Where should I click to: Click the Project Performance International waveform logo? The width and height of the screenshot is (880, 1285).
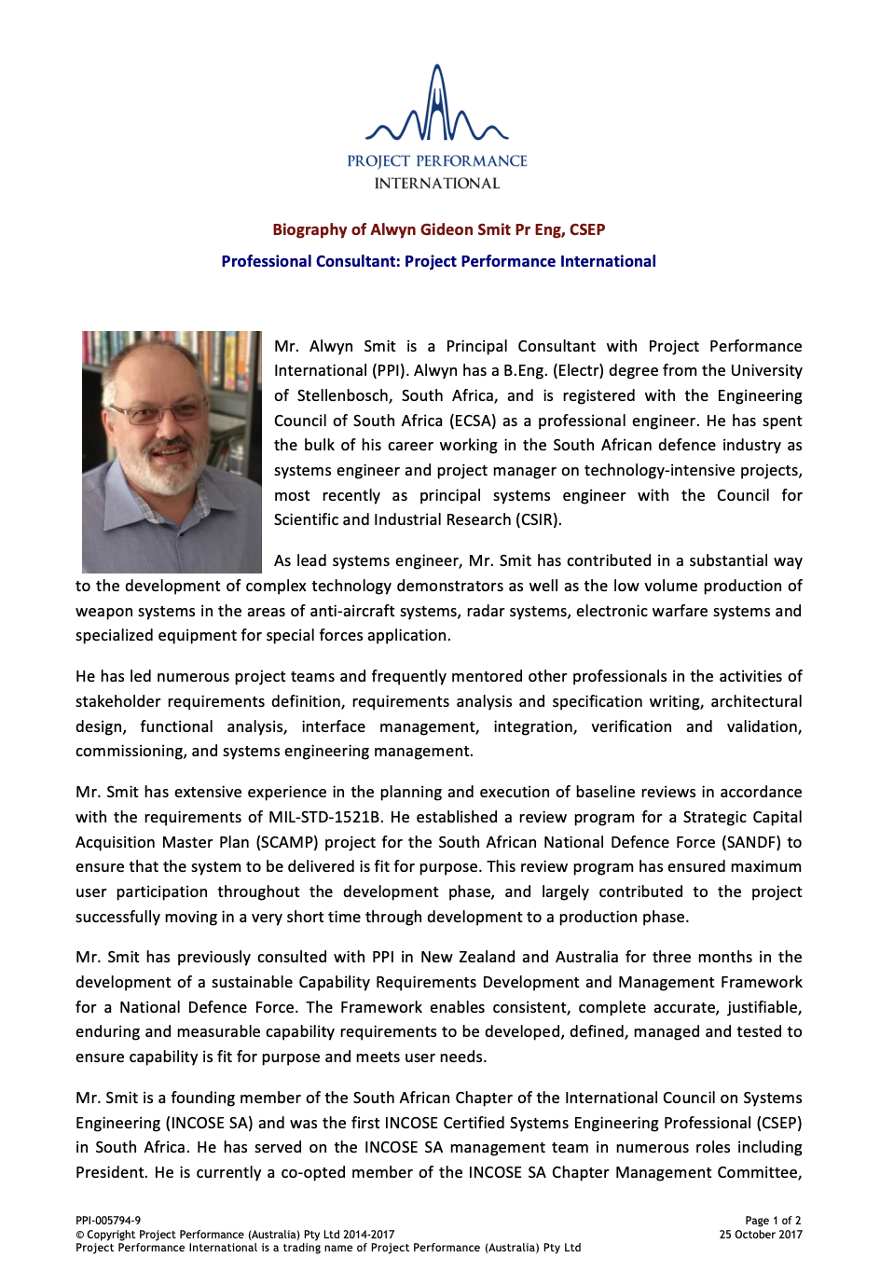437,107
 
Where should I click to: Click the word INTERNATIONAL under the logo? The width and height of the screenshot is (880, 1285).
437,184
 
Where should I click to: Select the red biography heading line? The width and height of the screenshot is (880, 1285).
438,229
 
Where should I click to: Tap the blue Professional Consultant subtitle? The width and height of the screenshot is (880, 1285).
438,261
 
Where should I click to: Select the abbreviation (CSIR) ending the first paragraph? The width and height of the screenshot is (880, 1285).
535,519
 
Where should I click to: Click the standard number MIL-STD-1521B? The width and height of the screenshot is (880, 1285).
325,817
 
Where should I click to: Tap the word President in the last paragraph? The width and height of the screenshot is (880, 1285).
110,1172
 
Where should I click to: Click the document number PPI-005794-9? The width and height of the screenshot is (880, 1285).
108,1221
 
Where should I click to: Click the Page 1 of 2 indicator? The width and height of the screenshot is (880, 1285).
773,1221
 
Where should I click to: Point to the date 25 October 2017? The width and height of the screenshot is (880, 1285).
761,1235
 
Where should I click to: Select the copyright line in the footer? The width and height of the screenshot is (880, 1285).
235,1235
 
